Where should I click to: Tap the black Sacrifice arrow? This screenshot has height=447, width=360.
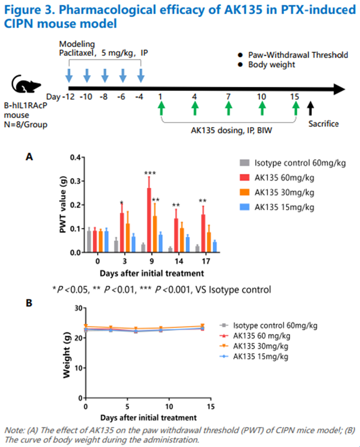[310, 108]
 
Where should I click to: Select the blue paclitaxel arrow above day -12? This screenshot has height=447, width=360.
[69, 76]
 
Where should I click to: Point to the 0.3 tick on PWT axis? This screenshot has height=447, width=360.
[76, 181]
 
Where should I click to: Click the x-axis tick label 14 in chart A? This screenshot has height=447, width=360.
[179, 261]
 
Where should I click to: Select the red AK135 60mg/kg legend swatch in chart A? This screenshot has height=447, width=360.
[245, 178]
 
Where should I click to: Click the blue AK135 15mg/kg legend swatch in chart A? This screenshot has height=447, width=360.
[245, 207]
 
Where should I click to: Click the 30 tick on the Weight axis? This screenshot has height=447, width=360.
[78, 308]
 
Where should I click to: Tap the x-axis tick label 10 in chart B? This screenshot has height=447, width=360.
[169, 406]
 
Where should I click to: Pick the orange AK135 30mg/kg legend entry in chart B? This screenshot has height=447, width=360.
[261, 346]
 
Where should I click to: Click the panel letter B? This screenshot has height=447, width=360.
[29, 303]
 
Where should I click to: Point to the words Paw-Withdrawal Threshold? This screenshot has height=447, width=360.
[298, 55]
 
